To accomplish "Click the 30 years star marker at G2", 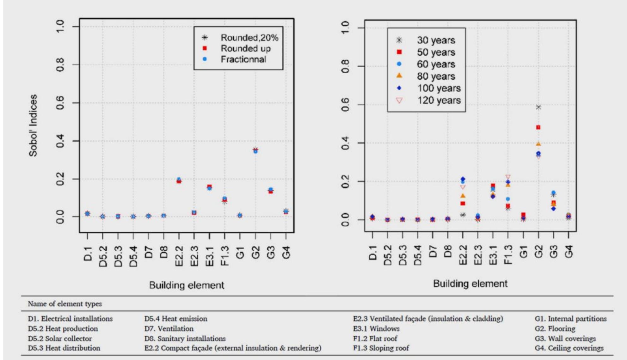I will click(x=538, y=107).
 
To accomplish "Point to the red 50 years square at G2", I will click(x=538, y=127).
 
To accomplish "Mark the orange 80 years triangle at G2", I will click(x=538, y=144).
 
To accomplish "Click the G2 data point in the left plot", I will click(x=255, y=150).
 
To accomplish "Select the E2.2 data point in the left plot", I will click(x=179, y=180).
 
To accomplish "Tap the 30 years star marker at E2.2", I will click(x=463, y=215).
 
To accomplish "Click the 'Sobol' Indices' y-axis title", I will click(x=33, y=125).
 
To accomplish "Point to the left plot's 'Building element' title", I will click(x=187, y=285).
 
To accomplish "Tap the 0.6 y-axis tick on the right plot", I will click(x=346, y=105).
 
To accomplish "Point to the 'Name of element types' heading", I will click(x=65, y=304).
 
